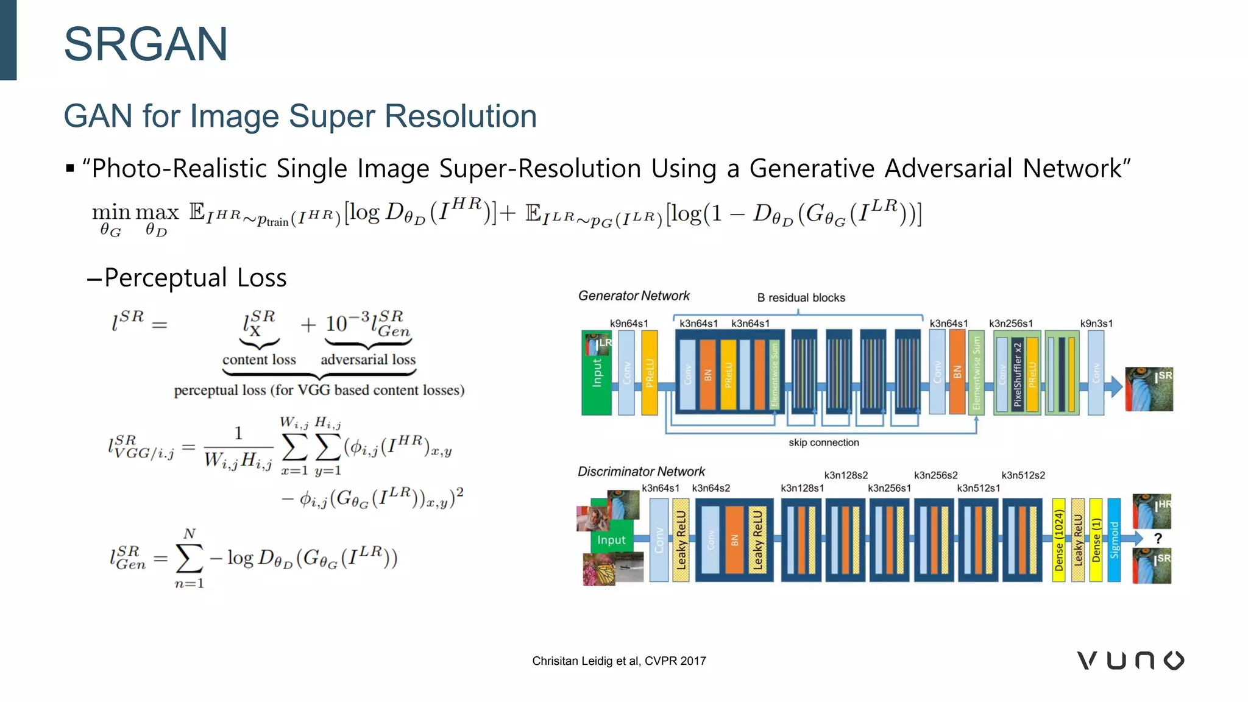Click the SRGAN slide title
146,44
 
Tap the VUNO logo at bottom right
1130,661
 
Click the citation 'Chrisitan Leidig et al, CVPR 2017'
619,661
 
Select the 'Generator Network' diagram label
634,296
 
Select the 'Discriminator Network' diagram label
641,472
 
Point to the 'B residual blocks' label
801,298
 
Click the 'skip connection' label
823,443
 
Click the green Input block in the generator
596,373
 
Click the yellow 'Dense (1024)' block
1058,541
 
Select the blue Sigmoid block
1114,541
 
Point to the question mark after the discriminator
1158,539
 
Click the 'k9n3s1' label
1096,324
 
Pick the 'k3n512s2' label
1023,475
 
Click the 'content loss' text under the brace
259,360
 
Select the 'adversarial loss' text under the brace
368,360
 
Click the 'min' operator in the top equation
111,213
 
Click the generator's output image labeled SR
1148,389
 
